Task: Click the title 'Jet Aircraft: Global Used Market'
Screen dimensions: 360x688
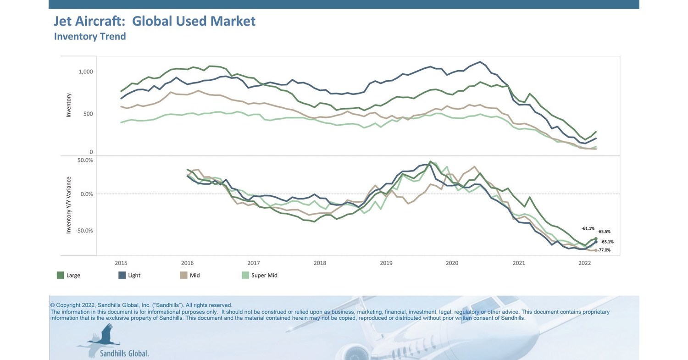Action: (155, 21)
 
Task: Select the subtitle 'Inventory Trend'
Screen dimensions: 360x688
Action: (90, 37)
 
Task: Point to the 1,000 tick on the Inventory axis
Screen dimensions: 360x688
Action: (85, 72)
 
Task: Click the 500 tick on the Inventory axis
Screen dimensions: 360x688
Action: (88, 114)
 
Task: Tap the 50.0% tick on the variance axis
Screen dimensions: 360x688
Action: (85, 161)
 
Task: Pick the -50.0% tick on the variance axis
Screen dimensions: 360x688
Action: (84, 231)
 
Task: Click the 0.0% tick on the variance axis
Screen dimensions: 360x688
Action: (86, 194)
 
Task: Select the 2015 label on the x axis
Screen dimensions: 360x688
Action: (121, 263)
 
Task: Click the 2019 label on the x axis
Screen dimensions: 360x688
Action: (386, 263)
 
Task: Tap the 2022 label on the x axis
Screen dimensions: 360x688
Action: (585, 263)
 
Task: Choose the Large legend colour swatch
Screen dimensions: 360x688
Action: (60, 275)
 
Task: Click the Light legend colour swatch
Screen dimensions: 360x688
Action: (122, 275)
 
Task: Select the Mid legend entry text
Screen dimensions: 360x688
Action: (194, 276)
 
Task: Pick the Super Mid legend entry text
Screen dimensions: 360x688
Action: (264, 276)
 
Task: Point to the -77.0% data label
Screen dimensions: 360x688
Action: (604, 250)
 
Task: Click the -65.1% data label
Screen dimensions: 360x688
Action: (607, 242)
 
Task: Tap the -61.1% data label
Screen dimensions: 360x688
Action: (588, 228)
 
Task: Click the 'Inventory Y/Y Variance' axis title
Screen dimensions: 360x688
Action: (69, 205)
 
